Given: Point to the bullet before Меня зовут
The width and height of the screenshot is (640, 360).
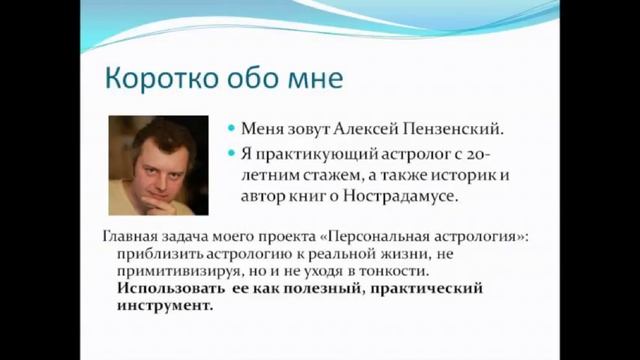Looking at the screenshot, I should coord(231,130).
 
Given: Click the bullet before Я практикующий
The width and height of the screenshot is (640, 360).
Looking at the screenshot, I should coord(231,154).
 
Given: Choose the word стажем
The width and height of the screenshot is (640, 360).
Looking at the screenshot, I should coord(314,175).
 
